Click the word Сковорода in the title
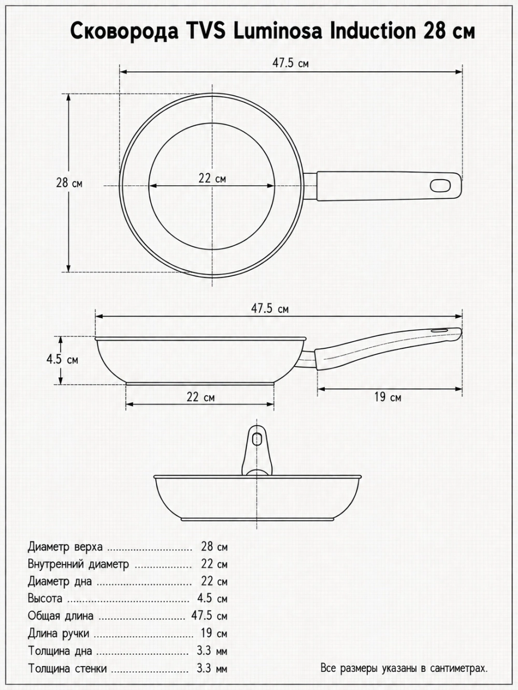point(124,32)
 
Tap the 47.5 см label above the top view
point(291,63)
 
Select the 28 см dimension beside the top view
point(69,183)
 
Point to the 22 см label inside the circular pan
point(212,179)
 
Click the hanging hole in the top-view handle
point(440,185)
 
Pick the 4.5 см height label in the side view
point(62,359)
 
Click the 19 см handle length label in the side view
point(387,397)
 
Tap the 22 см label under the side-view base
point(200,397)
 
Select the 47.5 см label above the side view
point(270,309)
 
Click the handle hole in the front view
point(257,438)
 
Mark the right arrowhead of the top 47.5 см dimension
point(459,71)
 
